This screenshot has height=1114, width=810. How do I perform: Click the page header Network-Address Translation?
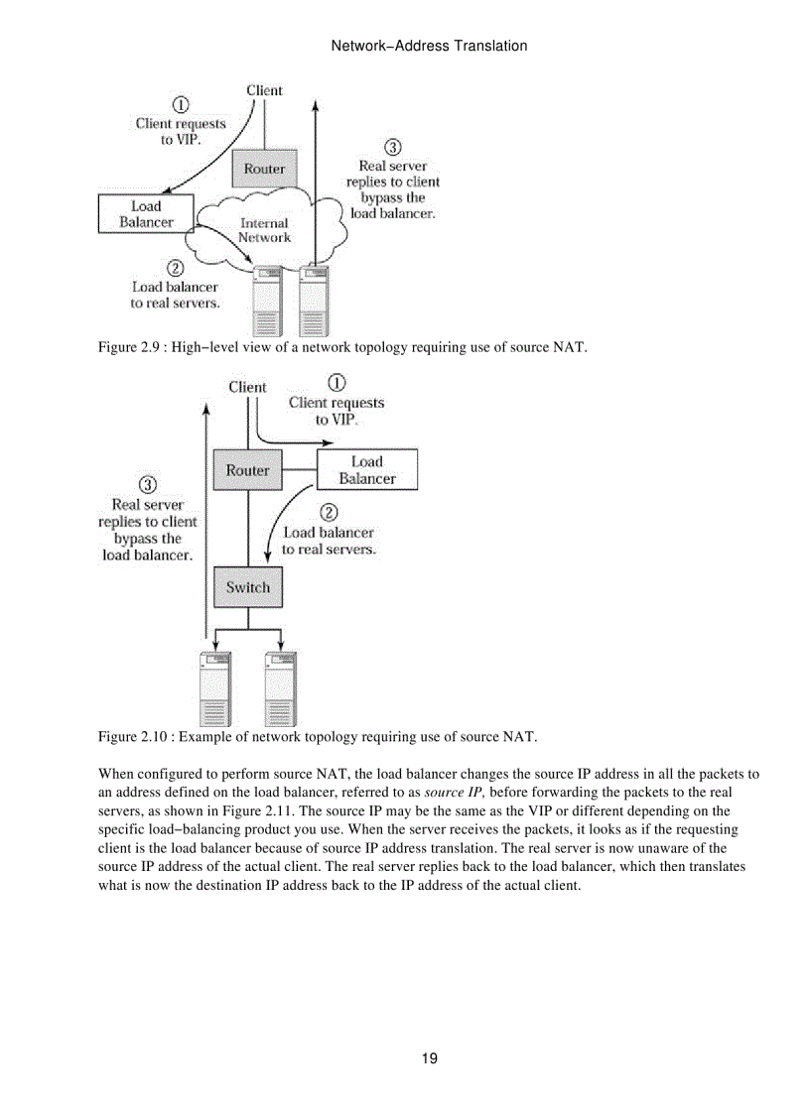coord(428,46)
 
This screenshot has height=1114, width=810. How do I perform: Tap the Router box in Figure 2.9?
coord(264,169)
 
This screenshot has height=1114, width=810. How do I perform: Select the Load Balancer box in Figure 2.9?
coord(146,214)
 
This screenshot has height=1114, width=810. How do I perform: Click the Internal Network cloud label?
coord(265,230)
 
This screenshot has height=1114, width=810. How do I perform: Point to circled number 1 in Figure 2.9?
coord(182,104)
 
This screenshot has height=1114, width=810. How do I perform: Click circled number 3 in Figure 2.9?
coord(392,147)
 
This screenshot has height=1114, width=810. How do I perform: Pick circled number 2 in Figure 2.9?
coord(175,268)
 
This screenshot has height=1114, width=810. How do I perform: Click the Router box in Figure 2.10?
coord(247,470)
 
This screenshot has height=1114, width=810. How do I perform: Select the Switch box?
coord(247,587)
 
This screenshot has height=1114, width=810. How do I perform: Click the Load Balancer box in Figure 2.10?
coord(367,470)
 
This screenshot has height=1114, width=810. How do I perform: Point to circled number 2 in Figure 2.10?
coord(329,513)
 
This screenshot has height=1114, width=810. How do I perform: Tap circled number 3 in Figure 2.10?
coord(148,485)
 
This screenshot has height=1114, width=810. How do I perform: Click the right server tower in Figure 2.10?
coord(281,688)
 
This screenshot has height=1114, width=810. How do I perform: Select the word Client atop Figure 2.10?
coord(247,387)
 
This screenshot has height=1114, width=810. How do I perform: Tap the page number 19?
coord(429,1058)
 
